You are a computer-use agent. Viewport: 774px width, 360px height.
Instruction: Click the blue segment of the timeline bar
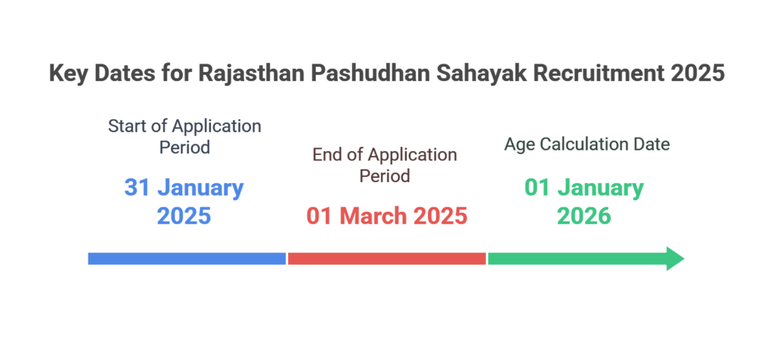(187, 258)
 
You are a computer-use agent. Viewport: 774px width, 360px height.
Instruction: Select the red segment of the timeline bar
(387, 258)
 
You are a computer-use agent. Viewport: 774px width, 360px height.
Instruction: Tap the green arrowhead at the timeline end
(675, 258)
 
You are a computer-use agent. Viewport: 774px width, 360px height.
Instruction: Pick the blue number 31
(137, 188)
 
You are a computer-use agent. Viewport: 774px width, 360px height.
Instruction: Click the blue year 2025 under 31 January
(184, 216)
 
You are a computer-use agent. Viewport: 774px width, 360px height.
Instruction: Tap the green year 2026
(584, 216)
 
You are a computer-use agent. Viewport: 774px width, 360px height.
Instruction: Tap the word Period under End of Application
(385, 175)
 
